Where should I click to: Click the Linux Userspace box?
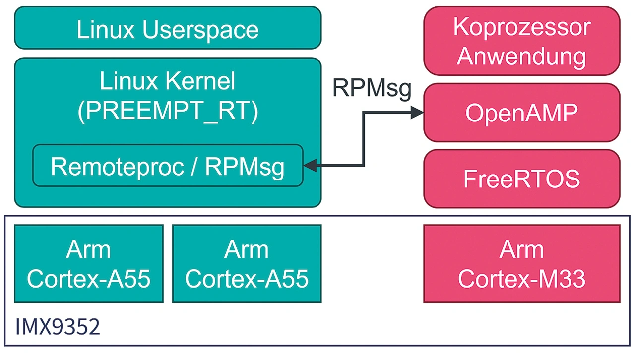(x=168, y=28)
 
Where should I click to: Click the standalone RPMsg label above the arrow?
(x=372, y=88)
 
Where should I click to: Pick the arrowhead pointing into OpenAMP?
(x=417, y=113)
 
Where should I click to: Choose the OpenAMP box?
(x=521, y=113)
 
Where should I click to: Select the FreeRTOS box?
(x=521, y=179)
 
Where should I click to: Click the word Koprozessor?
(x=521, y=27)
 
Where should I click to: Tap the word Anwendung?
(x=521, y=56)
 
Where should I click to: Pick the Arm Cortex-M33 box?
(x=521, y=263)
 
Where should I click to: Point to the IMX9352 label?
(x=58, y=327)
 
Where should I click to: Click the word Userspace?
(x=200, y=30)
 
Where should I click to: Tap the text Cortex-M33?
(x=521, y=279)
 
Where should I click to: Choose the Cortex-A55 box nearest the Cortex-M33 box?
(x=247, y=263)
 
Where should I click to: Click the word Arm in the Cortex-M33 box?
(x=521, y=249)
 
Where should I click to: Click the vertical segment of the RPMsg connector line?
(x=364, y=139)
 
